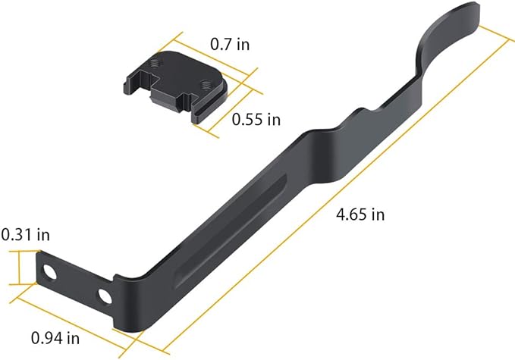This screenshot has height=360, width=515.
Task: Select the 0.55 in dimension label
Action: tap(256, 120)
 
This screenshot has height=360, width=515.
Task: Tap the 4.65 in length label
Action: tap(360, 214)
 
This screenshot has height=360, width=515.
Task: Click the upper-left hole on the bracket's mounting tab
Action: tap(51, 271)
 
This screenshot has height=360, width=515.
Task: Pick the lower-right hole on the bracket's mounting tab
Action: tap(105, 295)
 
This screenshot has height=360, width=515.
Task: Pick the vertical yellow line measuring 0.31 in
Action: tap(20, 268)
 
